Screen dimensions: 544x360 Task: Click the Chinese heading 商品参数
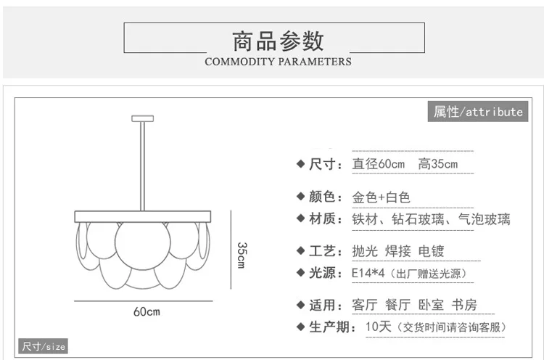(278, 41)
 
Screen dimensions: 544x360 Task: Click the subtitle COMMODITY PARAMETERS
(278, 62)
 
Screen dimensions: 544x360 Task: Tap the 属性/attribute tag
(478, 112)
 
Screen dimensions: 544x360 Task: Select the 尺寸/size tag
(43, 346)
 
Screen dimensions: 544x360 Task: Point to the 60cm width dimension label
(147, 311)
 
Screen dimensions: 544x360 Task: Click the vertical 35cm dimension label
(242, 255)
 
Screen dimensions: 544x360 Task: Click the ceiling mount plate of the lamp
(143, 119)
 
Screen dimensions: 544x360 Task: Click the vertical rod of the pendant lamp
(143, 166)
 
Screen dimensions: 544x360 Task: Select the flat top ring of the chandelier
(143, 216)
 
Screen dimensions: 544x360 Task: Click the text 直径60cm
(378, 164)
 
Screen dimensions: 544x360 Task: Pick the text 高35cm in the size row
(438, 164)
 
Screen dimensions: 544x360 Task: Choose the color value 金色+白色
(381, 197)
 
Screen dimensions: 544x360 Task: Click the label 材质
(322, 218)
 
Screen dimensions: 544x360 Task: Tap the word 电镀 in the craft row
(432, 251)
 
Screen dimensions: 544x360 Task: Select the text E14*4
(368, 273)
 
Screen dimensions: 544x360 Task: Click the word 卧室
(432, 305)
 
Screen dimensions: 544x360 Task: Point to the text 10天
(378, 327)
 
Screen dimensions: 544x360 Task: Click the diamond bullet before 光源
(301, 273)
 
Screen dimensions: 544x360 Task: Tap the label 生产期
(329, 327)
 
